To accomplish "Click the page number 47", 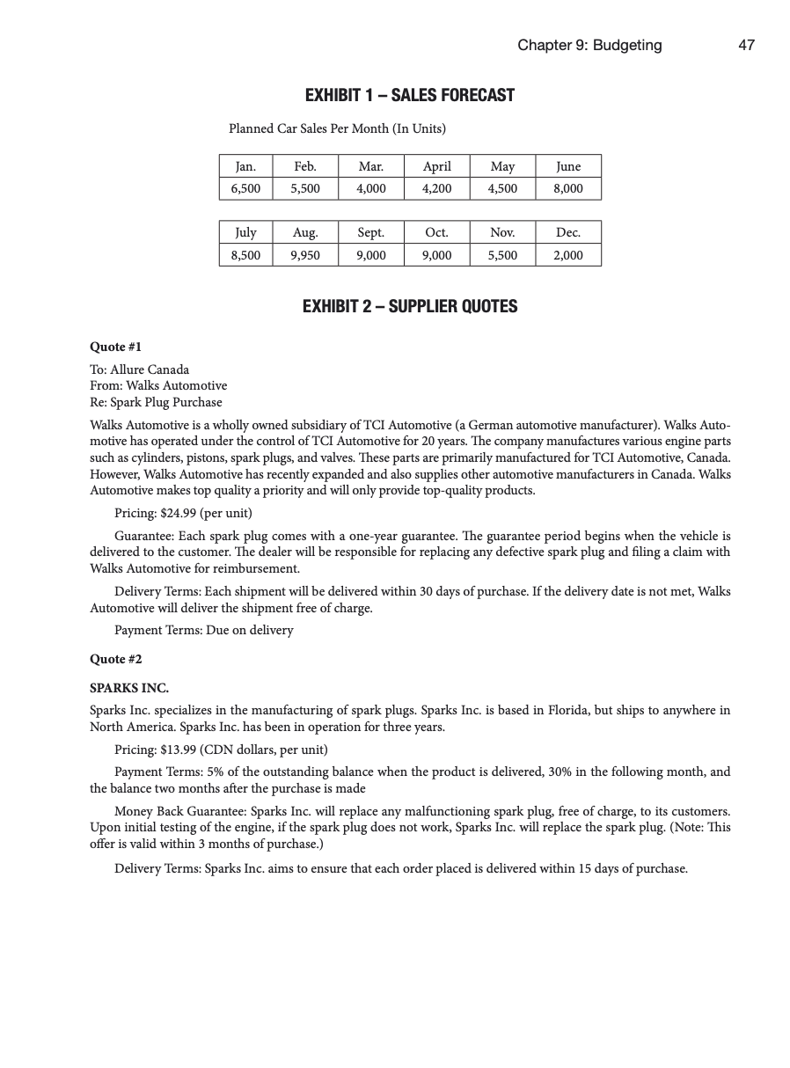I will click(x=746, y=45).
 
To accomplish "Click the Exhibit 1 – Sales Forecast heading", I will click(x=409, y=95).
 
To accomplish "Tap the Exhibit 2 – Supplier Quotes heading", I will click(x=409, y=306).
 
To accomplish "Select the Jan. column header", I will click(x=245, y=166).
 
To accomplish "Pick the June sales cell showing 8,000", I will click(x=568, y=188).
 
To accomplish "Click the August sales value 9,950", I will click(x=304, y=255).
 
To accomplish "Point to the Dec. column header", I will click(x=568, y=232).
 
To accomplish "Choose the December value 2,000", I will click(x=568, y=255).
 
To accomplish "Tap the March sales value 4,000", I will click(x=370, y=188).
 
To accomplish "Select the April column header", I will click(x=436, y=166).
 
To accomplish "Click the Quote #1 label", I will click(x=115, y=347).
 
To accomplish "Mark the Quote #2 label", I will click(x=115, y=659).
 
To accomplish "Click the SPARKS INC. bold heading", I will click(x=129, y=688).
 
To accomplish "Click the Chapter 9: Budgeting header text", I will click(x=589, y=45).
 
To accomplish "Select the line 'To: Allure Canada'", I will click(x=139, y=369).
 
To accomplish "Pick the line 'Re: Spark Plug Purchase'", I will click(x=156, y=402).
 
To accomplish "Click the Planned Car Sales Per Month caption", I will click(x=337, y=128).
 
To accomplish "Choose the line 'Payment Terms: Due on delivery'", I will click(x=203, y=630).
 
